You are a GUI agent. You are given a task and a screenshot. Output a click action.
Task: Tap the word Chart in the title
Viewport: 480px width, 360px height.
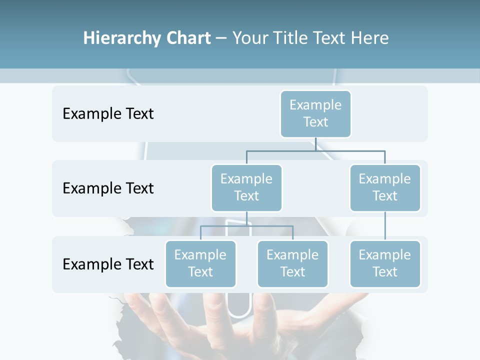point(186,38)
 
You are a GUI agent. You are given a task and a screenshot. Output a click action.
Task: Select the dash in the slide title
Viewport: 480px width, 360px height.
point(221,38)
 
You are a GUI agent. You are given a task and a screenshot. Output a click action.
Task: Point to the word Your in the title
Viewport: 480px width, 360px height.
point(250,38)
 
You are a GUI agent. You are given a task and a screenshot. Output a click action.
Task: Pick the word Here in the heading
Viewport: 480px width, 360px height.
point(369,38)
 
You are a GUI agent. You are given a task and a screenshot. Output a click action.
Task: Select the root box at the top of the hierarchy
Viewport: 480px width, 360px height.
point(315,114)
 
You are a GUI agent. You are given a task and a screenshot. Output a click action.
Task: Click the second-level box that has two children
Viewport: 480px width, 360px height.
point(246,188)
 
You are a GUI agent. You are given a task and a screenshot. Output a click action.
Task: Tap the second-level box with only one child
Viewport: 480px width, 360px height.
point(385,188)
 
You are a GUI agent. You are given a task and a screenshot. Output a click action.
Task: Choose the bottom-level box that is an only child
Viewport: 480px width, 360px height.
point(385,264)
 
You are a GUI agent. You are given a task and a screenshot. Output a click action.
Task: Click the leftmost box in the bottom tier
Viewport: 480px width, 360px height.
point(200,264)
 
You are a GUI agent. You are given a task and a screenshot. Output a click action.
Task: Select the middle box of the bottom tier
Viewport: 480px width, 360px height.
point(292,264)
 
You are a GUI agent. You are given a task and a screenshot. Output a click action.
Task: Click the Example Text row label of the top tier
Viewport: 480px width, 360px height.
point(108,113)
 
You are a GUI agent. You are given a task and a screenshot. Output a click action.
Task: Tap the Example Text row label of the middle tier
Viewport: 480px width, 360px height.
point(108,188)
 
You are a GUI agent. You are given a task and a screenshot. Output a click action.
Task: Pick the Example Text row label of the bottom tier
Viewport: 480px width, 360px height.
point(108,264)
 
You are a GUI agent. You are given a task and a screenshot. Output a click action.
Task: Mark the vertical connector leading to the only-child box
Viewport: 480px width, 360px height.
point(385,226)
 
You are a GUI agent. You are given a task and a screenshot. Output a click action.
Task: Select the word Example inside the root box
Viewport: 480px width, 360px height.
point(315,105)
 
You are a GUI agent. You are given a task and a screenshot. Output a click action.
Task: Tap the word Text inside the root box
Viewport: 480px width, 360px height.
point(315,122)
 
